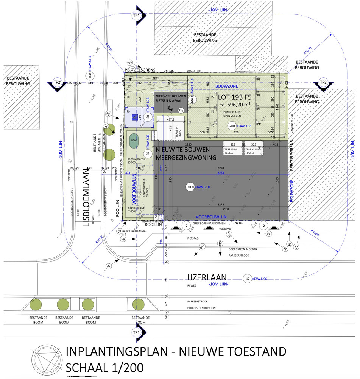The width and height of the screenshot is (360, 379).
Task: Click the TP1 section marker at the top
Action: [136, 16]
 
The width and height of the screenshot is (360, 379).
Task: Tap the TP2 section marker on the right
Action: [323, 83]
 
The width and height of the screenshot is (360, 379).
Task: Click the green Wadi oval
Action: [134, 140]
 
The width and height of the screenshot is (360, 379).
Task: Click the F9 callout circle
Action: [108, 114]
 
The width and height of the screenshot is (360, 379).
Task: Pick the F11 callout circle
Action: [130, 63]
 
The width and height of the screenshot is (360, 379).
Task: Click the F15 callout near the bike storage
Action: [181, 111]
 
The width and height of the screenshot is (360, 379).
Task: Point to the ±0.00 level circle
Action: [190, 187]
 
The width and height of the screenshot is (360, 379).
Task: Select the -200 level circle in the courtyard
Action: [231, 126]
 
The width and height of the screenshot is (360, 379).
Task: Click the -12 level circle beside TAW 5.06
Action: [247, 279]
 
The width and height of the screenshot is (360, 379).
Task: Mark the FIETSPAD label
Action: [193, 239]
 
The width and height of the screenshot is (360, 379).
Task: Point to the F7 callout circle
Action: [109, 266]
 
